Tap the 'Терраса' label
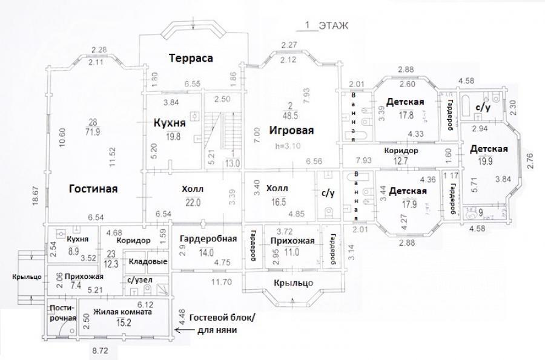pyautogui.click(x=191, y=58)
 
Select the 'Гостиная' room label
pyautogui.click(x=93, y=189)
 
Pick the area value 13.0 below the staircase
pyautogui.click(x=233, y=162)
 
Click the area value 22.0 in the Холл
pyautogui.click(x=193, y=203)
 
